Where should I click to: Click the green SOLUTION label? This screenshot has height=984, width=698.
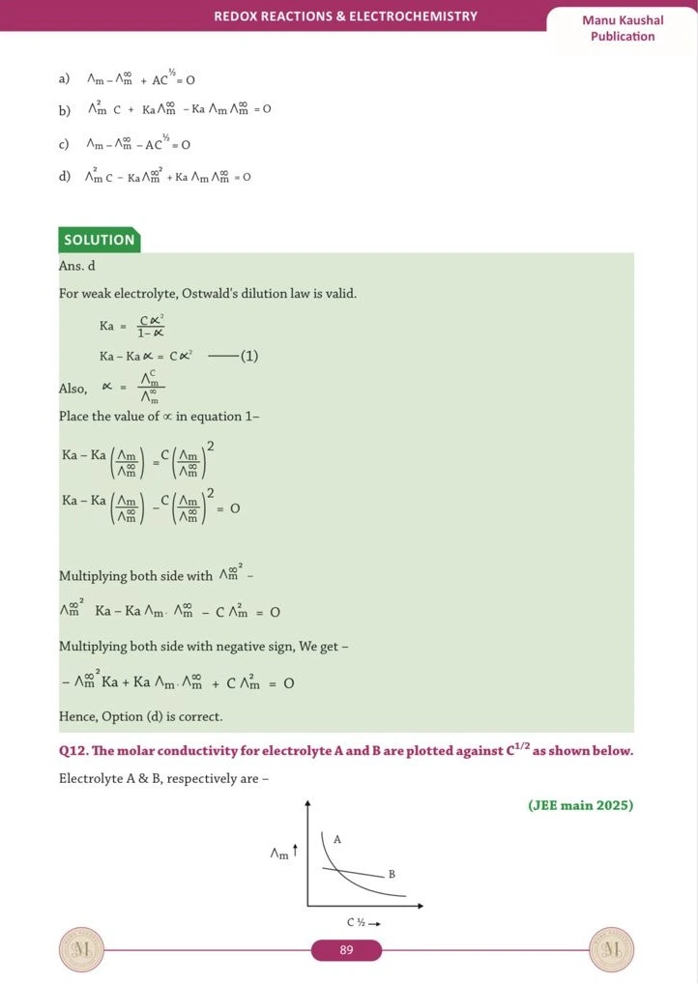point(99,240)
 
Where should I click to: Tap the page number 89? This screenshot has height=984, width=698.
point(346,951)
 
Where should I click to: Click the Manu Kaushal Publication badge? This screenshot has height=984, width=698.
point(622,28)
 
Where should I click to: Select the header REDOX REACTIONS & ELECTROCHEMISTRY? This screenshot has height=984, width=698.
point(345,16)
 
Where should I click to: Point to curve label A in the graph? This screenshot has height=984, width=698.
point(336,840)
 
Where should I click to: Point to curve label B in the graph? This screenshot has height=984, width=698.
point(392,874)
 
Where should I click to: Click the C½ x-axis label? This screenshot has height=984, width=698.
point(360,923)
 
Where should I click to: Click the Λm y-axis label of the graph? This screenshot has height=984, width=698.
point(280,853)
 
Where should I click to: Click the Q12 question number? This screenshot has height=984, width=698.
point(75,751)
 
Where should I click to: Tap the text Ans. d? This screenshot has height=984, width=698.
point(77,265)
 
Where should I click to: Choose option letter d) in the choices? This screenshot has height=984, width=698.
point(64,177)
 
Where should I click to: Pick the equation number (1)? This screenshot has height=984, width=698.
point(248,357)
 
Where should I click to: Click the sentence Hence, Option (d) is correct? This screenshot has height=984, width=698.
point(141,716)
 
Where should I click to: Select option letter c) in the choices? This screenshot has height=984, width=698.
point(64,145)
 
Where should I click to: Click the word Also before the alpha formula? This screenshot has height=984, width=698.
point(73,388)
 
